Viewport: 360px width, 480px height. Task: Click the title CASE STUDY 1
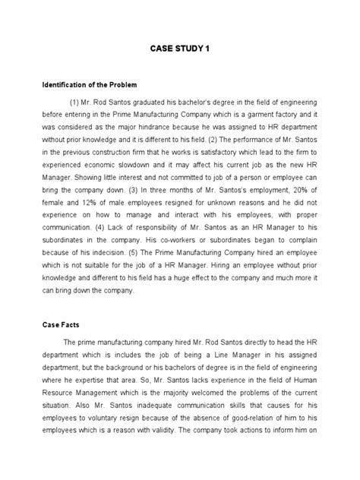(180, 49)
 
